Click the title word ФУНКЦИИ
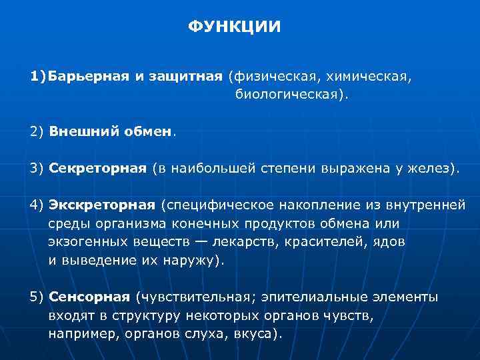(234, 27)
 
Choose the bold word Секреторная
(97, 167)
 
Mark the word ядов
(392, 241)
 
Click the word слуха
(205, 334)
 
